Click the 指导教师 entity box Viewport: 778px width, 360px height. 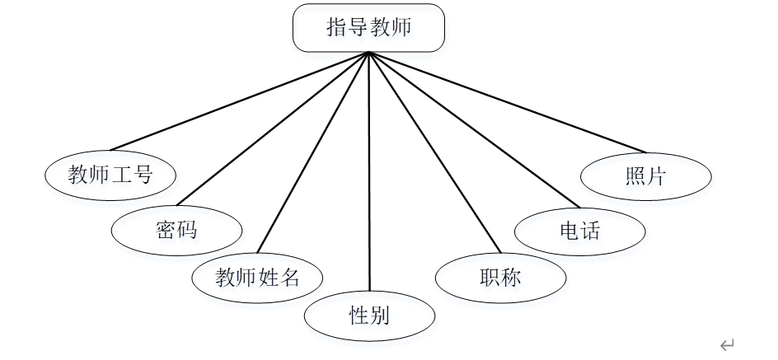click(x=368, y=28)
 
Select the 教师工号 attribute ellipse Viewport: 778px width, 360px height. click(x=110, y=175)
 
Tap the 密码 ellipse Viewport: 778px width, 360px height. click(x=176, y=228)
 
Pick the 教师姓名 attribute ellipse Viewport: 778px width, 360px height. click(x=257, y=278)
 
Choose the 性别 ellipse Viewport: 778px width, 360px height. click(x=369, y=315)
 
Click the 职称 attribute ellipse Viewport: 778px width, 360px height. click(x=500, y=278)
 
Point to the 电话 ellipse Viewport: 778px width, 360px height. click(x=579, y=229)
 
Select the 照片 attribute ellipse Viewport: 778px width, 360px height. click(x=645, y=175)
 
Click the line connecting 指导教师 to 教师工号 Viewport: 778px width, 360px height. click(x=247, y=101)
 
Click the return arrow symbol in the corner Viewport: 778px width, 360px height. click(x=726, y=345)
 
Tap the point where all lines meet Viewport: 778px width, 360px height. click(x=368, y=54)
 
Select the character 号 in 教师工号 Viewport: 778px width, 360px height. click(x=143, y=175)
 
